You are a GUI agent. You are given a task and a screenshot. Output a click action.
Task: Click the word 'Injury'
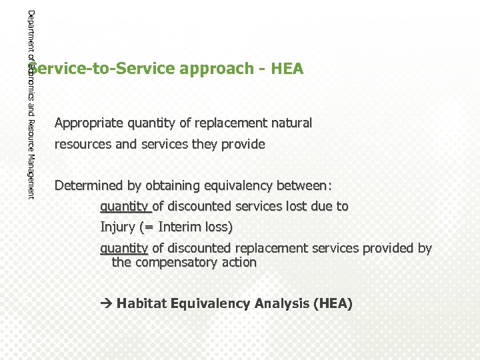[x=117, y=227]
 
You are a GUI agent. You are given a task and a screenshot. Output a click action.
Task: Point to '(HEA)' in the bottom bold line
[x=331, y=304]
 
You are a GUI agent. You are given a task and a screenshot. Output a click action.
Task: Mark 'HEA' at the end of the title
[x=287, y=69]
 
